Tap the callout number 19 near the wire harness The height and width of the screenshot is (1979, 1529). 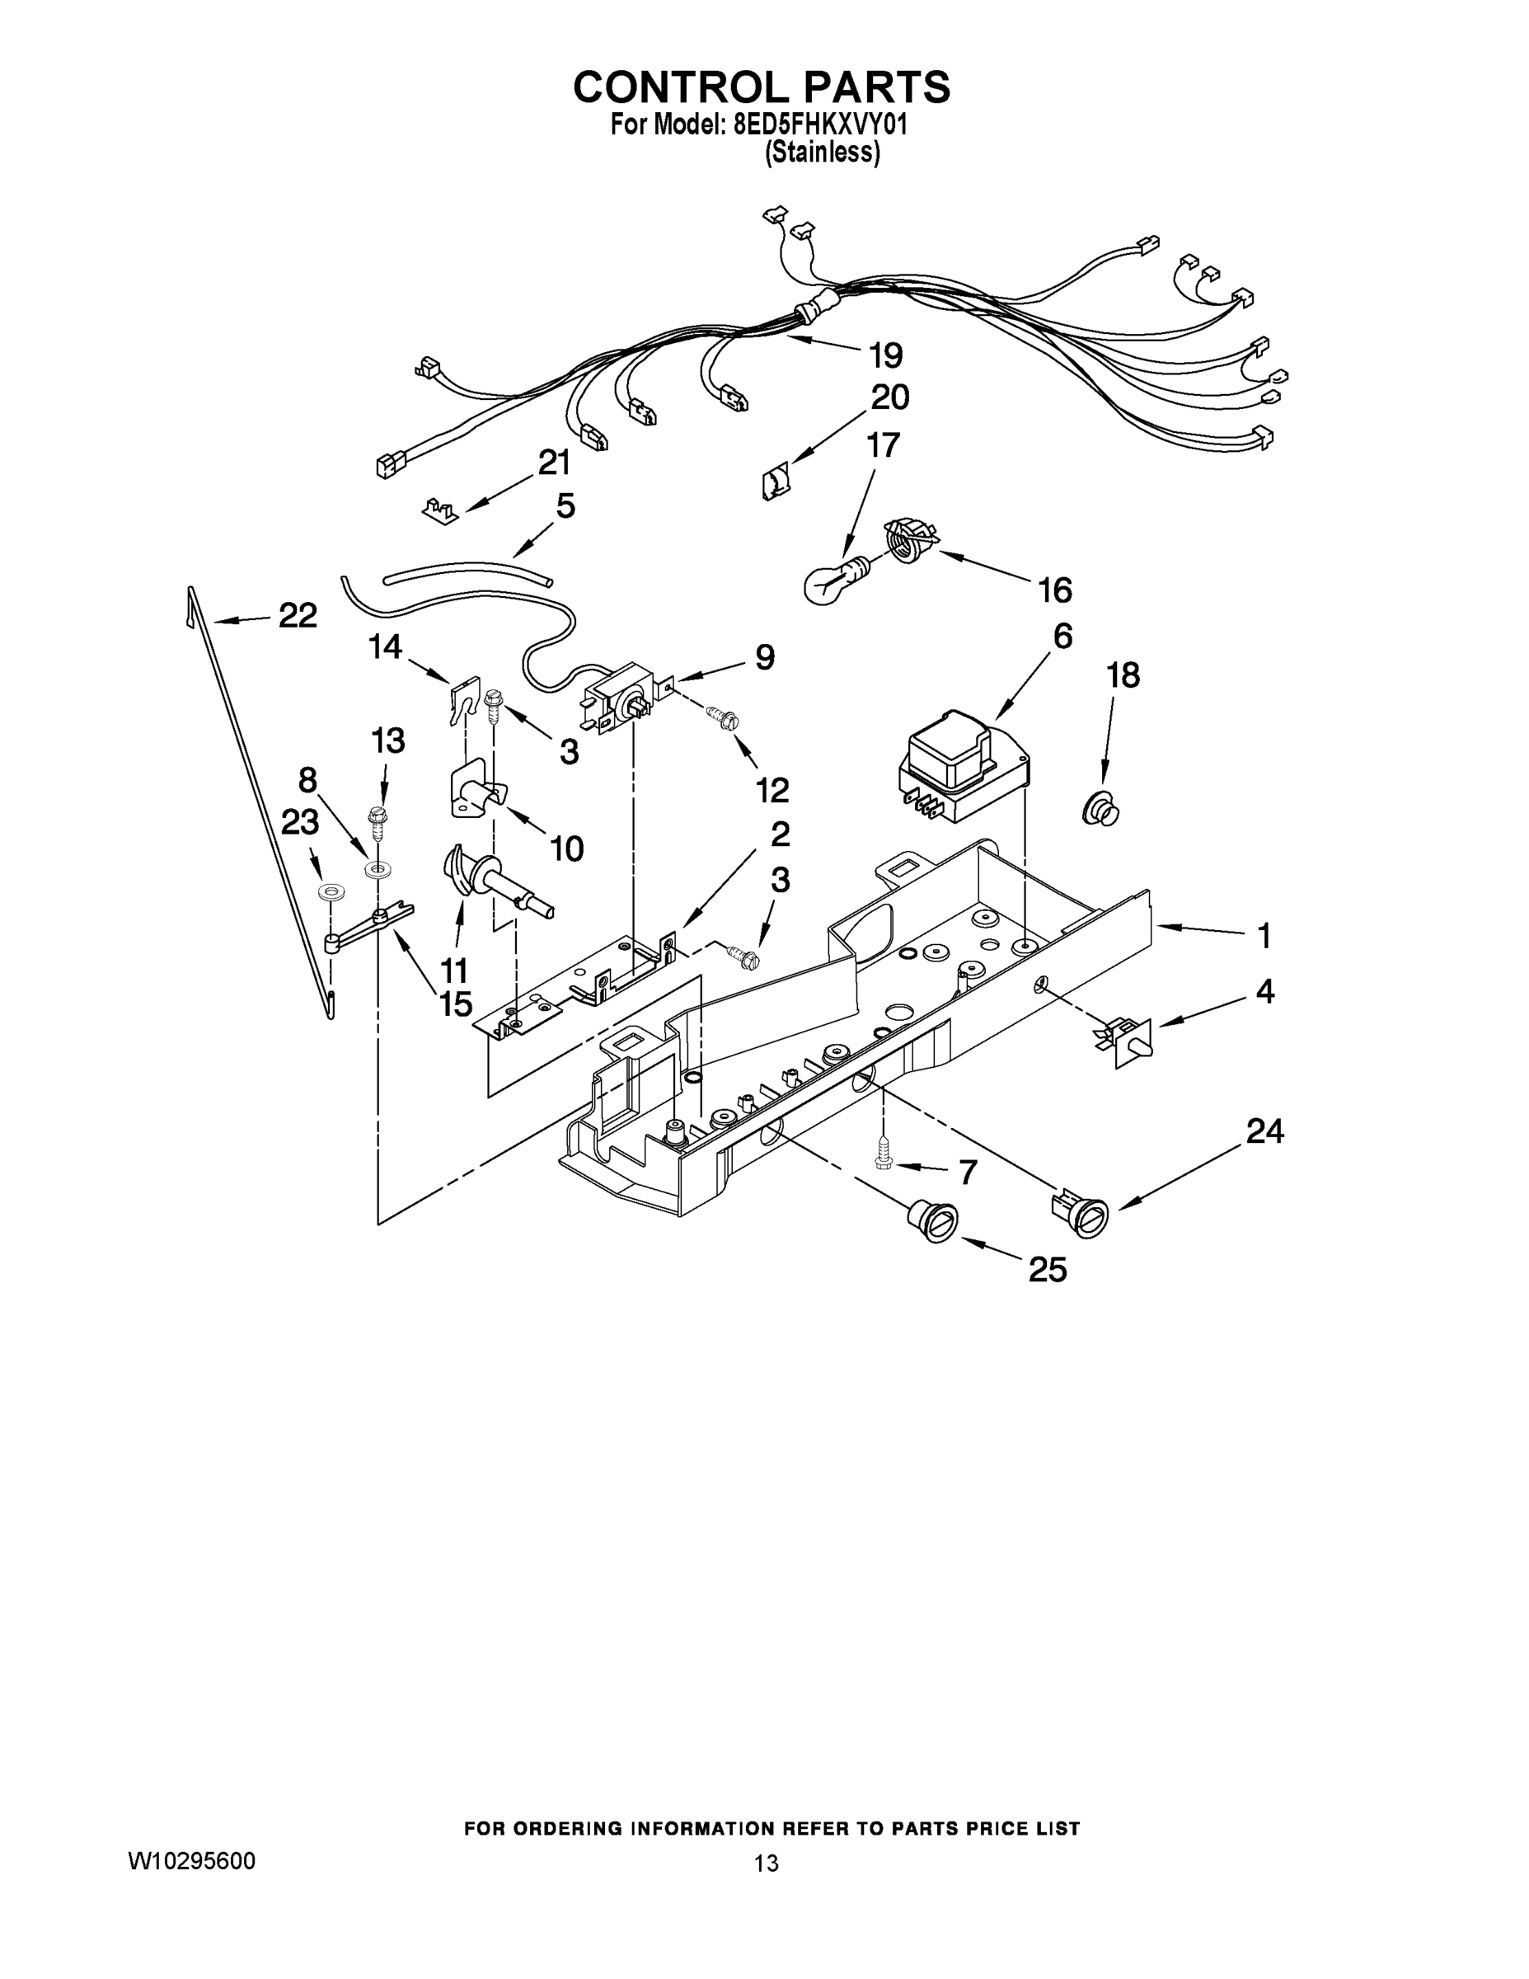[x=886, y=355]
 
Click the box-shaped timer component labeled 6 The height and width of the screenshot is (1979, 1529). [x=963, y=763]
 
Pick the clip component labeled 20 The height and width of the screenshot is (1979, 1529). [x=773, y=480]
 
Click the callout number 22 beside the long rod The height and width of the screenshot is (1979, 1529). [x=297, y=616]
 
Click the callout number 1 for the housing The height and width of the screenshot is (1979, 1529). [x=1264, y=935]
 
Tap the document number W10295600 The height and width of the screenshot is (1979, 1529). [x=191, y=1861]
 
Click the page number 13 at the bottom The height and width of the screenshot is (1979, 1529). [x=766, y=1863]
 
